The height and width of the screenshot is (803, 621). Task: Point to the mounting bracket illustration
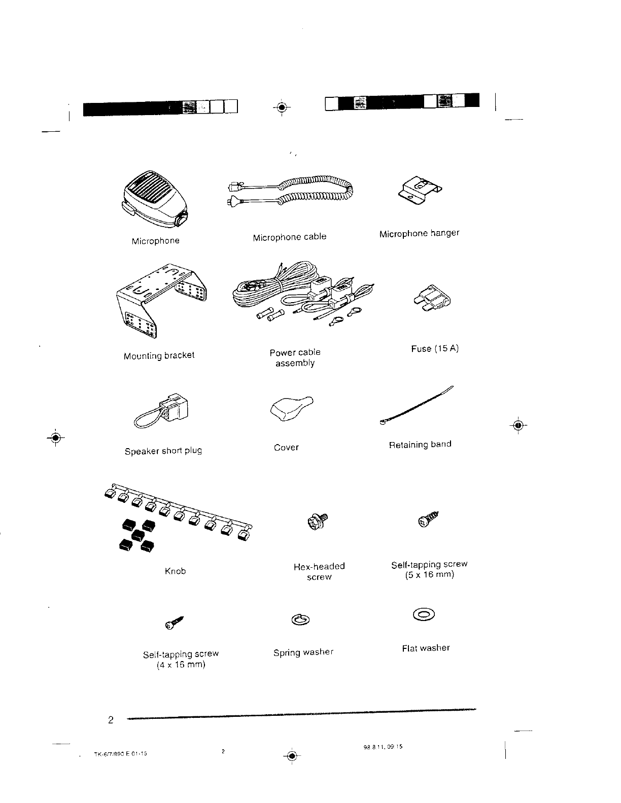(161, 299)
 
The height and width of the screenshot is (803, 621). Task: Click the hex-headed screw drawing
(318, 522)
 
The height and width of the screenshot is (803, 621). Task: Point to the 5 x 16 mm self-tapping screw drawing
(428, 520)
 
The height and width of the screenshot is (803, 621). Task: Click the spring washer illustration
(300, 619)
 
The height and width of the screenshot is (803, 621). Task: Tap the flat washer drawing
(424, 615)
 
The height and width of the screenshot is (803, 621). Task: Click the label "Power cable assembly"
(295, 358)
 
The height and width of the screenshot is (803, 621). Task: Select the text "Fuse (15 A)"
(435, 349)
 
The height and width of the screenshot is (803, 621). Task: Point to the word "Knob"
(176, 571)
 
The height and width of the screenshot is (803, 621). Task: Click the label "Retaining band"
(420, 445)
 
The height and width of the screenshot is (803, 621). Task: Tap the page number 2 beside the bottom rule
(111, 720)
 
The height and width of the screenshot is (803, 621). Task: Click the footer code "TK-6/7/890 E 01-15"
(121, 753)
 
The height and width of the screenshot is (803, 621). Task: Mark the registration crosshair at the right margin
(518, 425)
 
